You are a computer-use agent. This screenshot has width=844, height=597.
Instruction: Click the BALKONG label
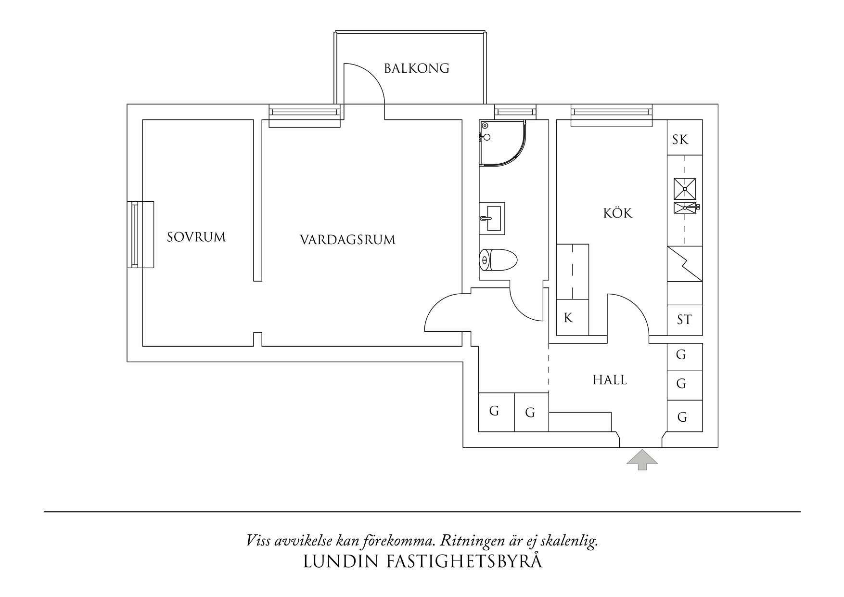pyautogui.click(x=416, y=68)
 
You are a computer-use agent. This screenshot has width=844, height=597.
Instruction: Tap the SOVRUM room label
pyautogui.click(x=196, y=237)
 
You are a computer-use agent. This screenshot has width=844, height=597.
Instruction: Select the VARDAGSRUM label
pyautogui.click(x=347, y=240)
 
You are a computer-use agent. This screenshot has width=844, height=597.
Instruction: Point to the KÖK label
pyautogui.click(x=618, y=213)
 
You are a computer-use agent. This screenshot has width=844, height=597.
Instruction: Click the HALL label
pyautogui.click(x=610, y=380)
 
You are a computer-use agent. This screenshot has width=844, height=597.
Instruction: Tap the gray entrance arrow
pyautogui.click(x=642, y=460)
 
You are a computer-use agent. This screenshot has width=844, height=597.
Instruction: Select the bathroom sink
pyautogui.click(x=492, y=218)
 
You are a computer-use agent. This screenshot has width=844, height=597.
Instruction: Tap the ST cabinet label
pyautogui.click(x=684, y=320)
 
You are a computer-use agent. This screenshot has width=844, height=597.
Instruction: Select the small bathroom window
pyautogui.click(x=515, y=113)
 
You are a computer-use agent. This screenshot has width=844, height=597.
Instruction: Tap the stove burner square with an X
pyautogui.click(x=684, y=188)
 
